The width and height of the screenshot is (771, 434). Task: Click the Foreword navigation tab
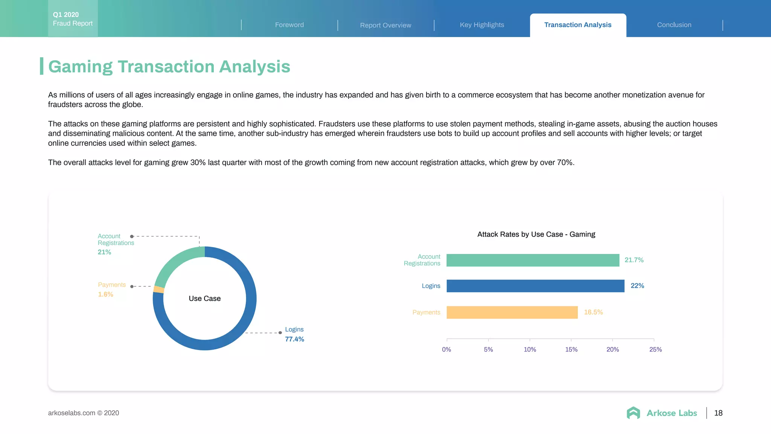(289, 25)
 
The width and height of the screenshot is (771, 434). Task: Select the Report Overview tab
(385, 25)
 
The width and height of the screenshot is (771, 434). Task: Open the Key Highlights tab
(482, 25)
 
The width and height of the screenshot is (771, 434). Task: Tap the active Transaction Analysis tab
(578, 25)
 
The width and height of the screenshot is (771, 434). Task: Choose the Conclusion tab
(674, 25)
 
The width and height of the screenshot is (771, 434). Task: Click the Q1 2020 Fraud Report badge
(73, 19)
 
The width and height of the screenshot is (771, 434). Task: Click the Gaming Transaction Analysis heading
(169, 67)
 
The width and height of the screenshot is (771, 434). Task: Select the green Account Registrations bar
(533, 260)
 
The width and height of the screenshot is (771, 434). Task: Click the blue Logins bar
(535, 286)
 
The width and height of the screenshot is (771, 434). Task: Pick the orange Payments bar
(512, 312)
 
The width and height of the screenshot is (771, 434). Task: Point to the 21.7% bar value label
(634, 260)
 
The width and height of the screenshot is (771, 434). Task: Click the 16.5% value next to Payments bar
(593, 312)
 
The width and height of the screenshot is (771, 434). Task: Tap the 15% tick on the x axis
(571, 350)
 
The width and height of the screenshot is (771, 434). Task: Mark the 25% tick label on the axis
(655, 350)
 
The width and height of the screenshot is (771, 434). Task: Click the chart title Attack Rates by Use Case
(536, 234)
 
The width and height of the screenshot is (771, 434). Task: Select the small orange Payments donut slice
(159, 290)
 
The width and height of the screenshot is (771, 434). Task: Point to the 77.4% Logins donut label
(294, 339)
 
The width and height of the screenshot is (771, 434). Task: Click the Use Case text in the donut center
(204, 299)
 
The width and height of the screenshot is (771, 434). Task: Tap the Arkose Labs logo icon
(633, 413)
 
